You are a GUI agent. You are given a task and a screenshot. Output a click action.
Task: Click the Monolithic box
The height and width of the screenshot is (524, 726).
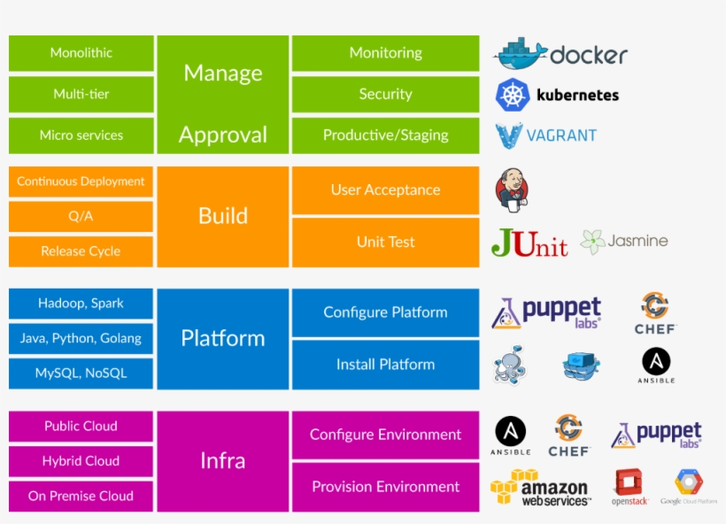point(81,53)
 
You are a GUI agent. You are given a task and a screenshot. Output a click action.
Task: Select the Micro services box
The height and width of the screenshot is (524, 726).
point(81,135)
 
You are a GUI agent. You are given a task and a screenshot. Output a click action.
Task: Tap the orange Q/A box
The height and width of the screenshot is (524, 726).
point(81,216)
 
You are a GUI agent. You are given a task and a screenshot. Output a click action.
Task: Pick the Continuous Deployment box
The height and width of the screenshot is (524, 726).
point(81,181)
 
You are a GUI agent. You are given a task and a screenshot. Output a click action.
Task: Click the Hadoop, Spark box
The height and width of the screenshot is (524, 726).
point(81,304)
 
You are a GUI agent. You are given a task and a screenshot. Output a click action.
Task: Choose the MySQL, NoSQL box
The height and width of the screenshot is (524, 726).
point(81,373)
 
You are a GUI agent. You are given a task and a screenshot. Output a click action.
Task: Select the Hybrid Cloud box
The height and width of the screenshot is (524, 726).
point(81,461)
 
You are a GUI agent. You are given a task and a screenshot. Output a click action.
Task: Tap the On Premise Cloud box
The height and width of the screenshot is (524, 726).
point(81,496)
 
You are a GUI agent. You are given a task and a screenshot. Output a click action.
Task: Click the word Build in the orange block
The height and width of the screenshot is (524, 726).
point(223,216)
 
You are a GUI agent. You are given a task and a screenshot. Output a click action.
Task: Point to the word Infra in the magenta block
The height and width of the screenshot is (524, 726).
point(223,460)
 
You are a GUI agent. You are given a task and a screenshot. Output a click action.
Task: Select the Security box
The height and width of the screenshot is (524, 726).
point(385,94)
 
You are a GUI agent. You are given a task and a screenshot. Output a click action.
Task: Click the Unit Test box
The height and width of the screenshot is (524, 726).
point(385,242)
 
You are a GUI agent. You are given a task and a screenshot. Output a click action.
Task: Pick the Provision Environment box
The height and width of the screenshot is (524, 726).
point(385,486)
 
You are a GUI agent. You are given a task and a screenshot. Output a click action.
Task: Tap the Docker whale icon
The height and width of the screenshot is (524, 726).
point(520,55)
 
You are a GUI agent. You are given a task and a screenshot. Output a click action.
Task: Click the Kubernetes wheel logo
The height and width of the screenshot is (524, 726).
point(513,95)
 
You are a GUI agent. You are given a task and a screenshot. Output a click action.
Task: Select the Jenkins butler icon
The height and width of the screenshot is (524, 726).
point(512,189)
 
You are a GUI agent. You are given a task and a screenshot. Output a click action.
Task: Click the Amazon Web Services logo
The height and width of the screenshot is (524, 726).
point(540,488)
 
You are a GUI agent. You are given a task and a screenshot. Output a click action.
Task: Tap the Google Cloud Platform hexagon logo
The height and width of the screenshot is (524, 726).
point(688,482)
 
